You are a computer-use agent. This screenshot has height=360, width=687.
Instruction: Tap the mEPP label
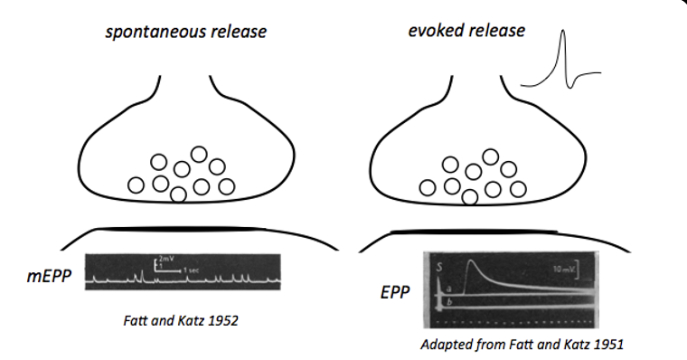49,274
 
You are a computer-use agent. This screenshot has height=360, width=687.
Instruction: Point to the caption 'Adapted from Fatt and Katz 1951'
510,345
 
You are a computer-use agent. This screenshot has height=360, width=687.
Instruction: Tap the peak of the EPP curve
470,262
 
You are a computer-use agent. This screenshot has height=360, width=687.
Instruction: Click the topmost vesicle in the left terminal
200,155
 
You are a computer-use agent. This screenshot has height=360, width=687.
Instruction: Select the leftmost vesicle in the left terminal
136,185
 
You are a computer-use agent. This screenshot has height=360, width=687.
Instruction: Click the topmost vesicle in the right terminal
491,156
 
